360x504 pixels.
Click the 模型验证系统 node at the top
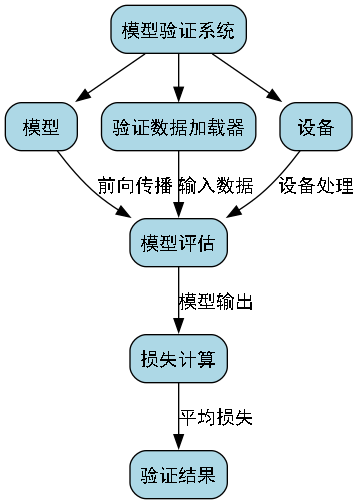click(x=179, y=30)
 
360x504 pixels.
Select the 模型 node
click(x=40, y=127)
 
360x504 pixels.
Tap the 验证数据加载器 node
click(x=179, y=127)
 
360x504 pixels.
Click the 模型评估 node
click(x=179, y=243)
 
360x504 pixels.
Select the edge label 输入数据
click(x=216, y=185)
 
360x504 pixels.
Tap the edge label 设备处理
click(x=316, y=185)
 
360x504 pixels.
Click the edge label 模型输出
click(x=215, y=301)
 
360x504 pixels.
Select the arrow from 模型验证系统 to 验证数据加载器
click(x=179, y=78)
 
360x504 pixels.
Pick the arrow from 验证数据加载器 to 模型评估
click(x=179, y=195)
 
